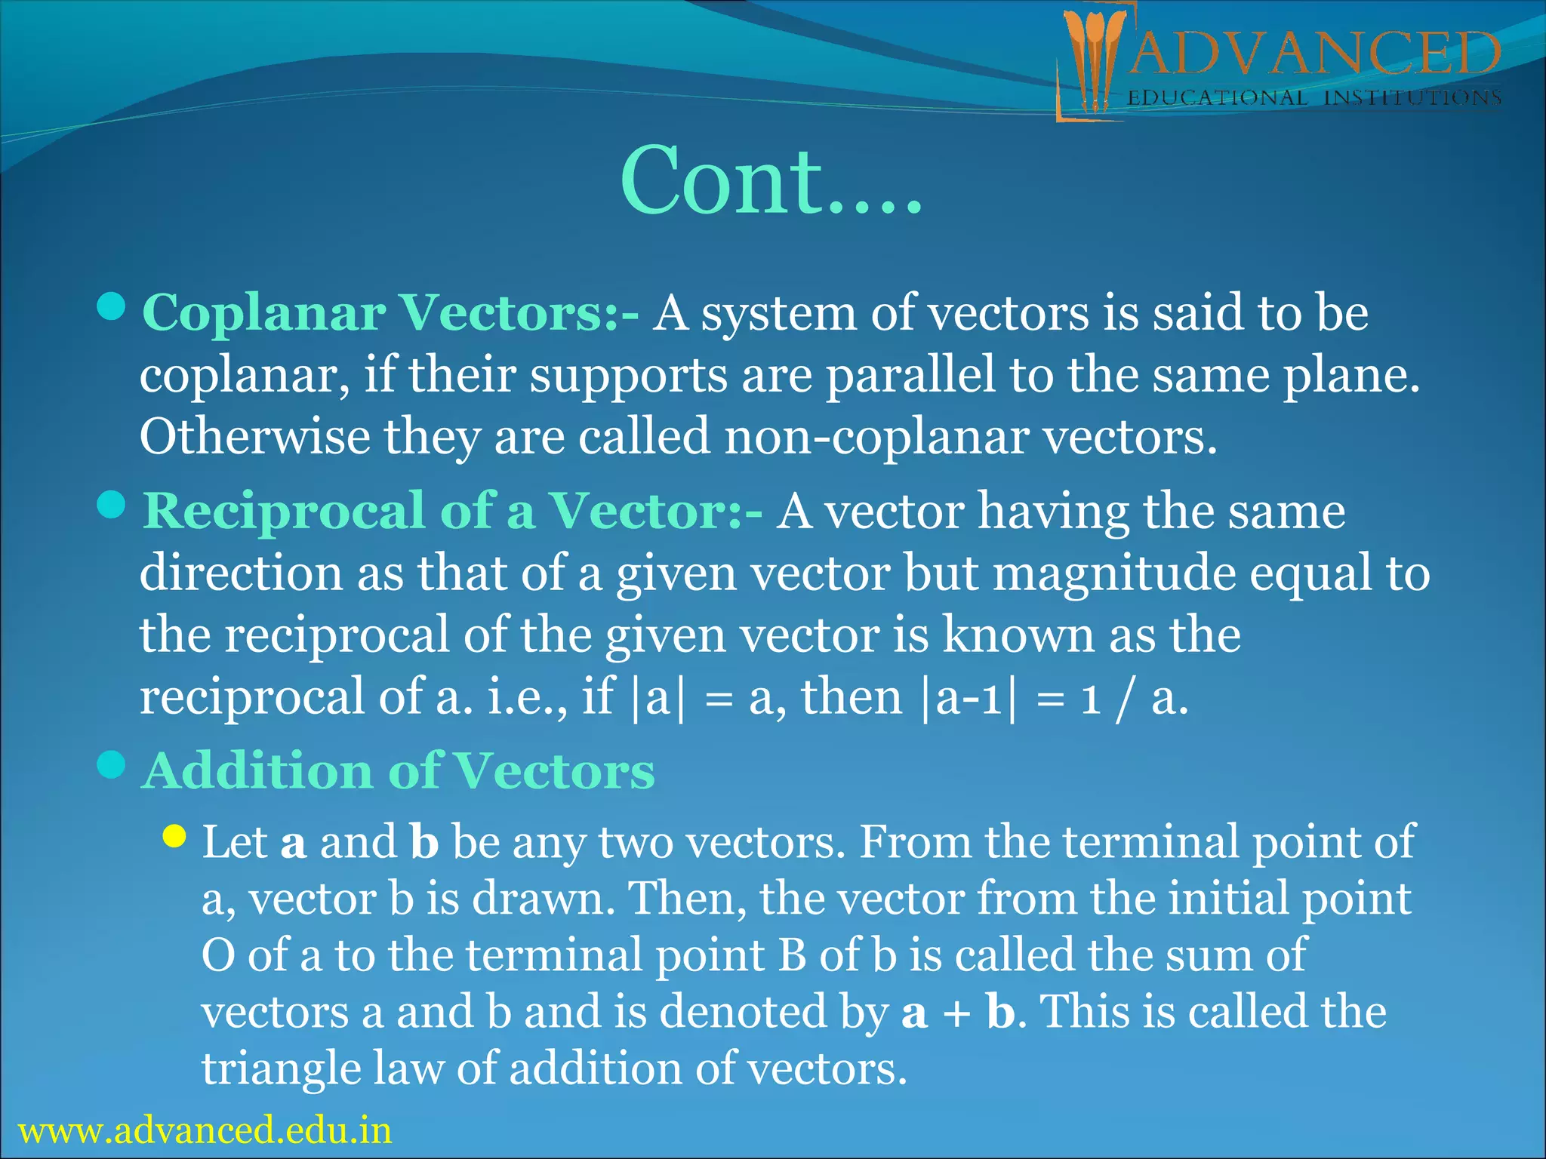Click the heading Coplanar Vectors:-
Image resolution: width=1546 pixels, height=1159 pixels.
(x=390, y=312)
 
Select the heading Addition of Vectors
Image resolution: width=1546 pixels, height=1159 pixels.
(x=399, y=771)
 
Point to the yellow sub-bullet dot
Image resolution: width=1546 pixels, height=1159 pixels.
(x=174, y=835)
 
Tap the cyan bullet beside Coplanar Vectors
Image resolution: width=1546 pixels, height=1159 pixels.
(x=112, y=306)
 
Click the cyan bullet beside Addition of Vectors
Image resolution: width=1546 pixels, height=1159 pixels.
(x=112, y=764)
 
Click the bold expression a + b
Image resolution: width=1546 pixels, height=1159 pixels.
(x=958, y=1012)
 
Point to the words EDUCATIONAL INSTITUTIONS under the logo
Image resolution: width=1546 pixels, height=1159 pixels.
(x=1313, y=98)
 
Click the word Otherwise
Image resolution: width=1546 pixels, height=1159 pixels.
(x=254, y=438)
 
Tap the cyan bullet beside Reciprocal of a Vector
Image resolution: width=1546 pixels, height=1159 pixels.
(x=112, y=505)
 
